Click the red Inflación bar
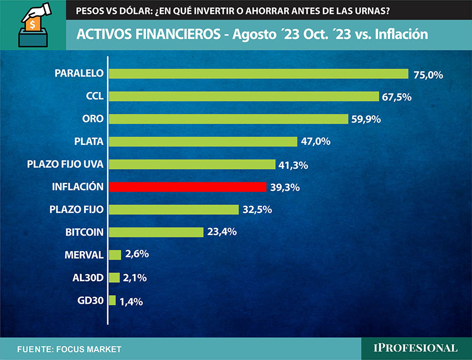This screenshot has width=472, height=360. tap(188, 187)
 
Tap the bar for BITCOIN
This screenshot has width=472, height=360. tap(156, 232)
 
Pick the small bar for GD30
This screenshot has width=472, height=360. tap(113, 300)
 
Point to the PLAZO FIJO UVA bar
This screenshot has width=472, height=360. tap(192, 164)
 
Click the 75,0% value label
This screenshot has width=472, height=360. tap(428, 75)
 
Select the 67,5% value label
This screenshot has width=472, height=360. tap(396, 97)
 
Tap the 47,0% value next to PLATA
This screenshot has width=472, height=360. tap(315, 142)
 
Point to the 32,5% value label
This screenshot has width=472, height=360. tap(257, 210)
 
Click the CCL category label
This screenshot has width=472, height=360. tap(94, 97)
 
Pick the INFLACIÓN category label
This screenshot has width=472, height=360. tap(77, 187)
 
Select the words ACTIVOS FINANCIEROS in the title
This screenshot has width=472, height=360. tap(147, 34)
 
